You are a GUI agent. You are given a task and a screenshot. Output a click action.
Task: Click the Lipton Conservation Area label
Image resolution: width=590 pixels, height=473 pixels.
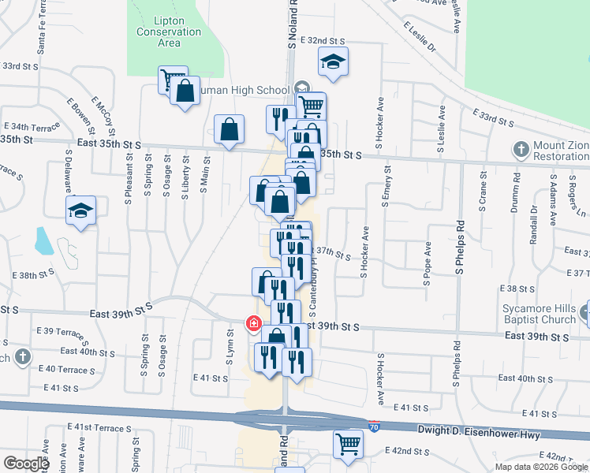pyautogui.click(x=169, y=32)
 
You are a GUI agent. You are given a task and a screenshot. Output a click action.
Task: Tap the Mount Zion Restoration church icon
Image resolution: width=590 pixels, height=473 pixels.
pyautogui.click(x=521, y=149)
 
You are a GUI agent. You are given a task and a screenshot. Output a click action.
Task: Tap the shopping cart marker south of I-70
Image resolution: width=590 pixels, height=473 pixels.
pyautogui.click(x=347, y=443)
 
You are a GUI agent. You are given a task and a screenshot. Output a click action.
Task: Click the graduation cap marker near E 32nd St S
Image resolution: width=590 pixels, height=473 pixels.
pyautogui.click(x=333, y=61)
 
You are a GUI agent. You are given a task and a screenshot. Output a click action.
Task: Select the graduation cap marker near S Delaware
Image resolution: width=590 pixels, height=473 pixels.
pyautogui.click(x=80, y=210)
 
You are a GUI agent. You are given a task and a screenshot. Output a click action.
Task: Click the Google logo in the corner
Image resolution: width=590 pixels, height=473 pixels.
pyautogui.click(x=25, y=464)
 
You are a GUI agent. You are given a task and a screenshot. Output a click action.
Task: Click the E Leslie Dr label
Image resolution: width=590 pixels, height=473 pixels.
pyautogui.click(x=420, y=35)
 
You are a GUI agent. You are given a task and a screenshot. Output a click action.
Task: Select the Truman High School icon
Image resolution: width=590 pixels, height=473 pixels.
pyautogui.click(x=301, y=88)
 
